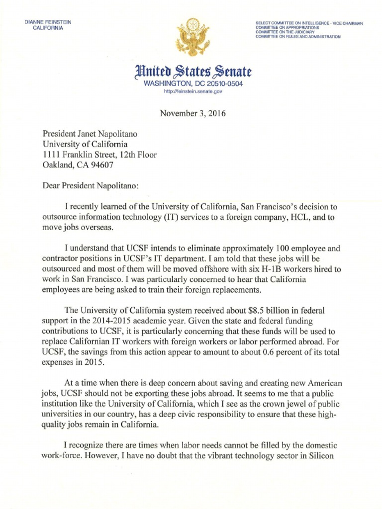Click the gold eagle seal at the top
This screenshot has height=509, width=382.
(191, 34)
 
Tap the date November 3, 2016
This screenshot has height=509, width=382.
(192, 113)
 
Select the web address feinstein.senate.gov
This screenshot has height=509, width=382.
(192, 92)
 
